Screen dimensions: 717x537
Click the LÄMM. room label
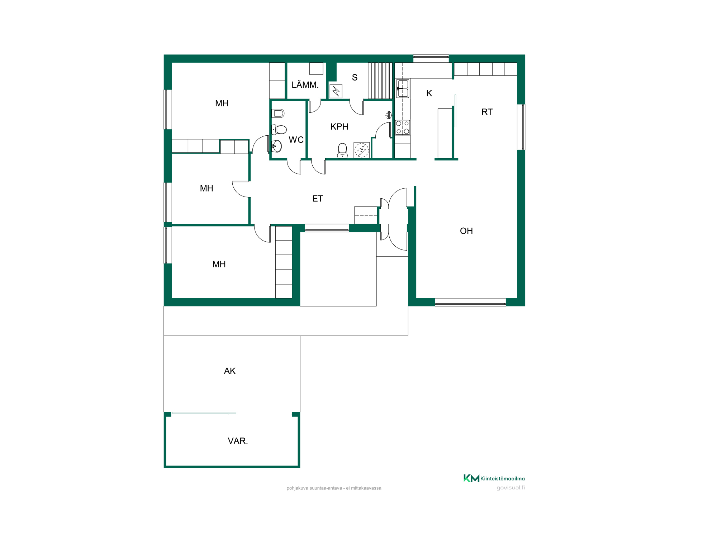305,84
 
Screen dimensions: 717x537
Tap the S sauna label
355,77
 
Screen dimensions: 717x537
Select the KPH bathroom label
339,126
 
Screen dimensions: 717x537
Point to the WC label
296,140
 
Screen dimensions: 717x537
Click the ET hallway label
318,199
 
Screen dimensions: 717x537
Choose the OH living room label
466,231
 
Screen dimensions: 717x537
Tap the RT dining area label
487,112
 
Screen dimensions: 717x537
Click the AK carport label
230,371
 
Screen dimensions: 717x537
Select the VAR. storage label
238,441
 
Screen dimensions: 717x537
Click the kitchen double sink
403,88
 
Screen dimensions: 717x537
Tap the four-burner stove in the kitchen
403,127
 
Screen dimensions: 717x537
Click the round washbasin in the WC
277,146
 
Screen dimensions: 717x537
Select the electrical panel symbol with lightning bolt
336,91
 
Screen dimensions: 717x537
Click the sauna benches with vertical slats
380,81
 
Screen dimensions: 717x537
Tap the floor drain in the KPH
362,150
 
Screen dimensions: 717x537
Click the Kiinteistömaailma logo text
503,479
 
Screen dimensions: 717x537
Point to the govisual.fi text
511,488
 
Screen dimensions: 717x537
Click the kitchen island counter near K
445,133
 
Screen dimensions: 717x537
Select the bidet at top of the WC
278,113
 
